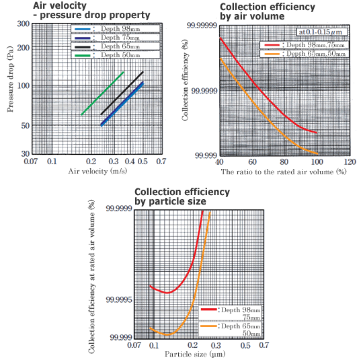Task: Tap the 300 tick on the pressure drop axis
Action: [40, 24]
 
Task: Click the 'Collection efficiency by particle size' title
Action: [182, 196]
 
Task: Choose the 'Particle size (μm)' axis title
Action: [196, 353]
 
